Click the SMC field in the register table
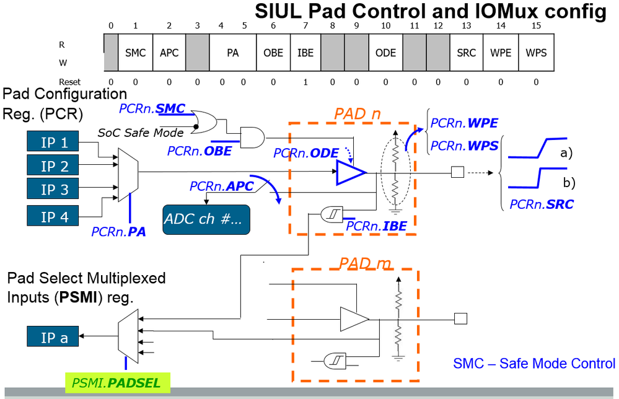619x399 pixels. [135, 53]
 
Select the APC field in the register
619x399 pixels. [169, 53]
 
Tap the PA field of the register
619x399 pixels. [233, 53]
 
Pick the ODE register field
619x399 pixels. [385, 53]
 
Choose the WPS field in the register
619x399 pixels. [536, 53]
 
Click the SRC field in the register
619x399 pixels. [466, 53]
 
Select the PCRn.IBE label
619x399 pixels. [376, 226]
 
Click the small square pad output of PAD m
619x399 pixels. [460, 319]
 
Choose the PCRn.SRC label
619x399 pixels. [542, 203]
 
